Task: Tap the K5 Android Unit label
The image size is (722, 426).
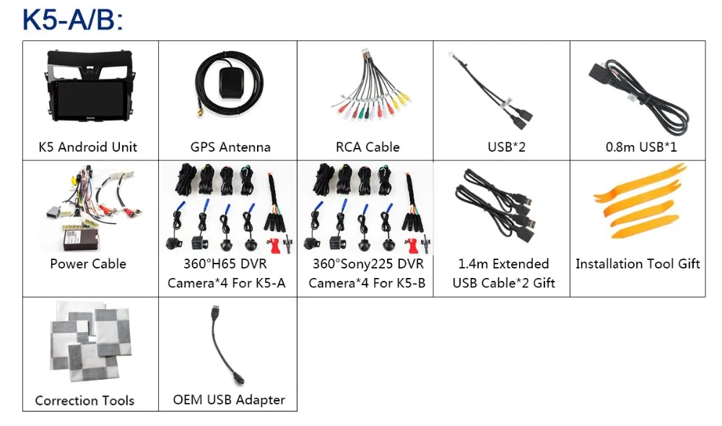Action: pyautogui.click(x=88, y=147)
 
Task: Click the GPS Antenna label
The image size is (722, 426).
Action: pyautogui.click(x=230, y=147)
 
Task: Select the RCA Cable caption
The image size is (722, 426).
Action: pyautogui.click(x=367, y=147)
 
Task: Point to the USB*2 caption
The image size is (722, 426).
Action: pyautogui.click(x=506, y=147)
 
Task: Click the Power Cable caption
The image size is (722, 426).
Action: pyautogui.click(x=88, y=264)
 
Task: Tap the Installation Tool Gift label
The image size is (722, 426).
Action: pyautogui.click(x=638, y=264)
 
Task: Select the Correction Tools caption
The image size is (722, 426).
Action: pyautogui.click(x=84, y=401)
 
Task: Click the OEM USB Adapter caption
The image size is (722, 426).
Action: pyautogui.click(x=229, y=399)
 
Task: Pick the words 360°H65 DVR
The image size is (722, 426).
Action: pyautogui.click(x=226, y=264)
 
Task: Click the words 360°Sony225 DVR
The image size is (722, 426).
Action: pyautogui.click(x=367, y=264)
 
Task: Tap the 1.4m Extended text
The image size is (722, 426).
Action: pyautogui.click(x=504, y=264)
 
